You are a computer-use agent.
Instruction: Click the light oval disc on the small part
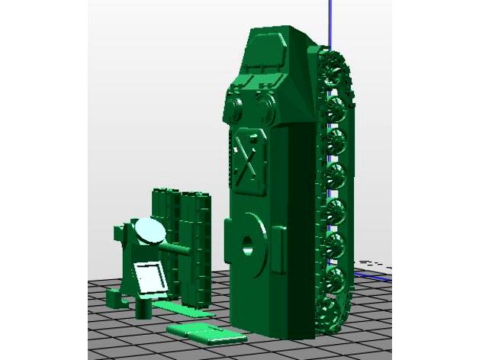149,230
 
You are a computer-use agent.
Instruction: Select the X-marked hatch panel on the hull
247,161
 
